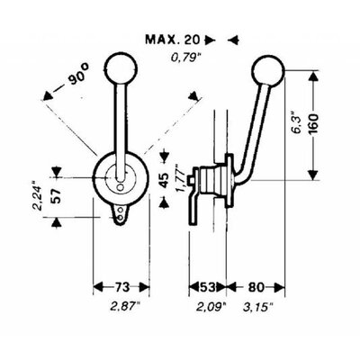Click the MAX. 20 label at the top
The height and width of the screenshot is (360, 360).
pos(173,40)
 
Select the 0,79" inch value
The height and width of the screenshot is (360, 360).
pos(185,57)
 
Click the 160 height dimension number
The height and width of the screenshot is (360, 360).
pos(313,124)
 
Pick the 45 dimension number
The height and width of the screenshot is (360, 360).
pos(164,179)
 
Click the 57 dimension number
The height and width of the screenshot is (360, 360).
pos(57,196)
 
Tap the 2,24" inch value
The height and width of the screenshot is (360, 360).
pos(38,196)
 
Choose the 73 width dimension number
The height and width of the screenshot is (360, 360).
pos(121,287)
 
